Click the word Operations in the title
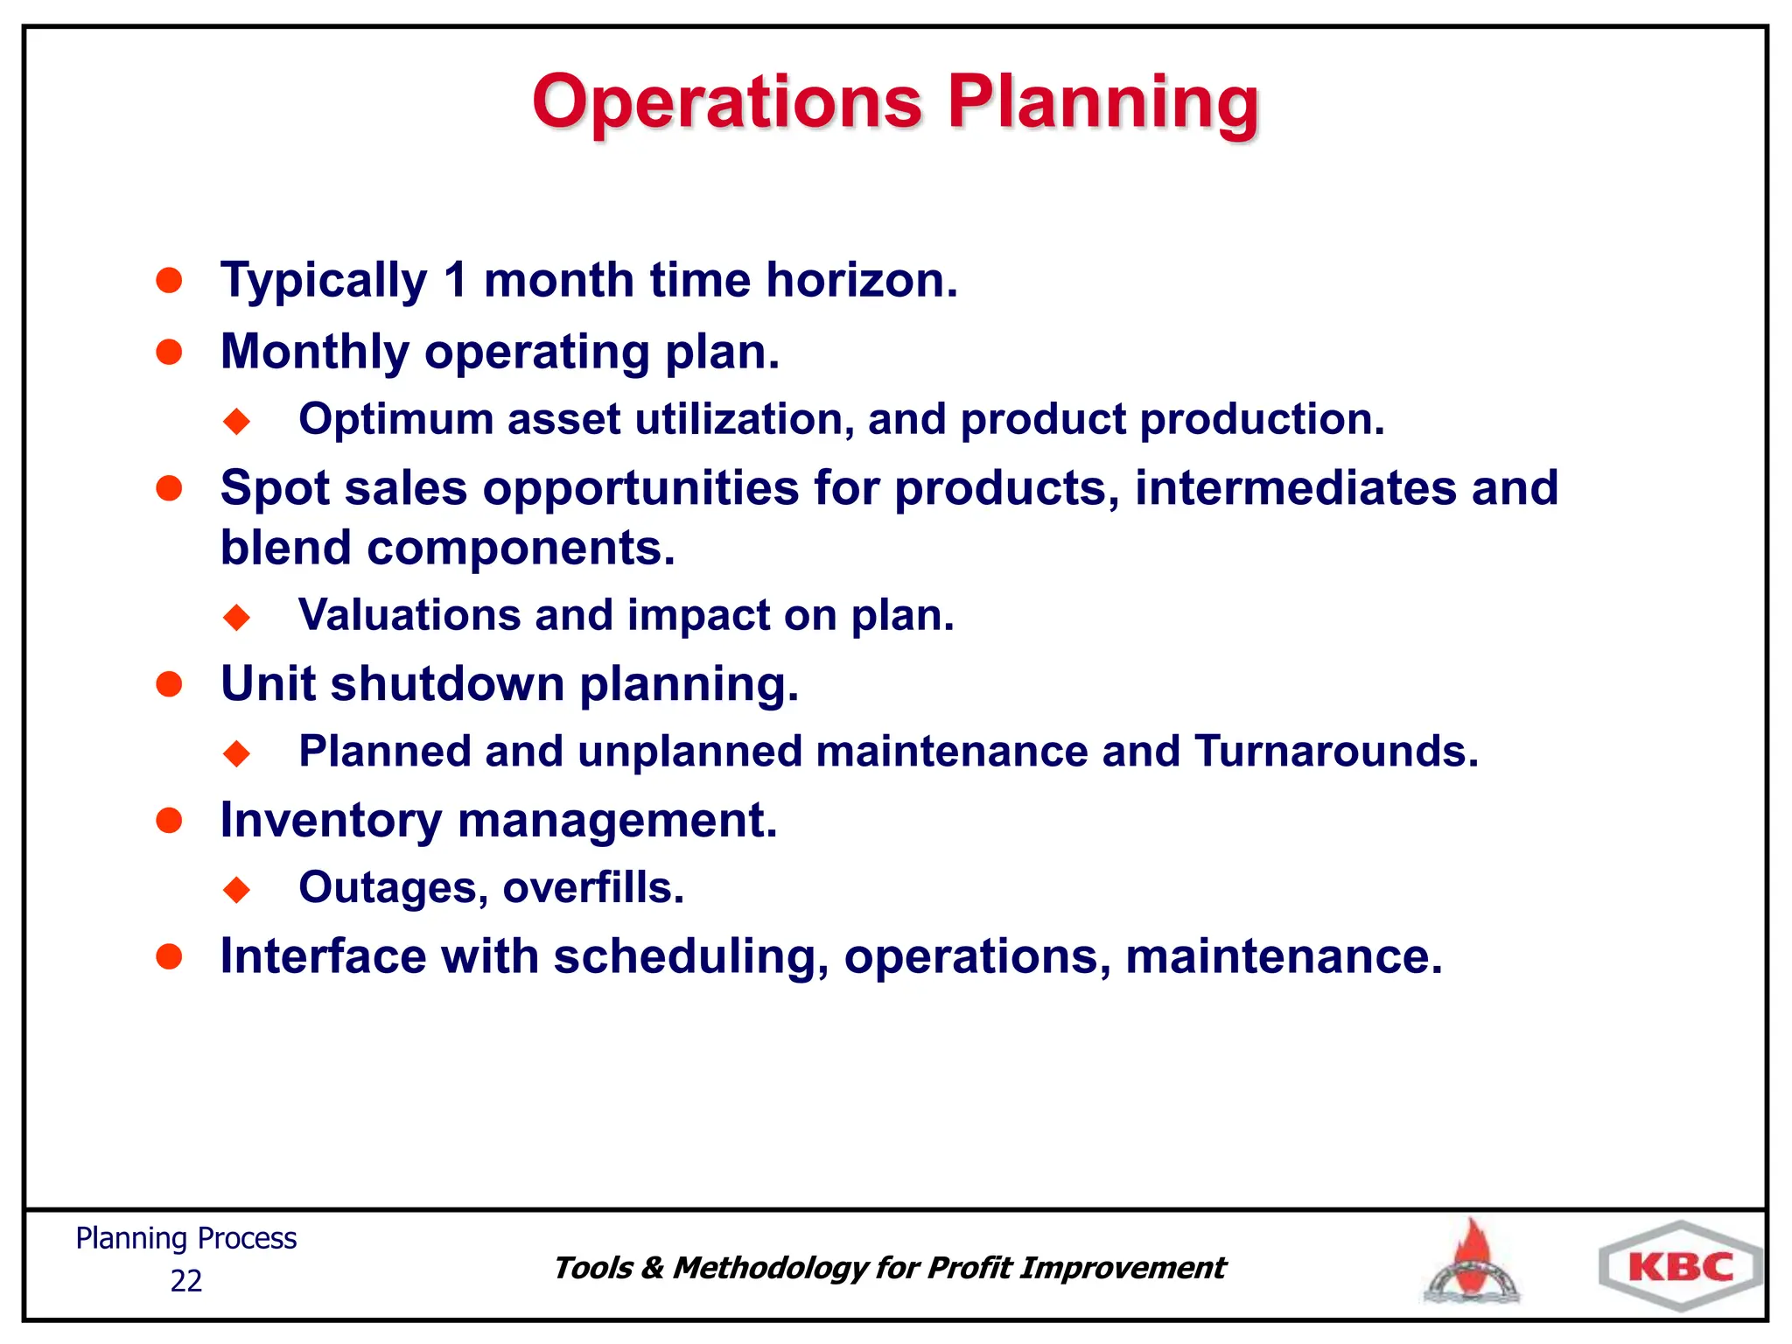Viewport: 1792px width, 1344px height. tap(727, 103)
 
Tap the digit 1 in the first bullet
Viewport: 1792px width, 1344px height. tap(455, 281)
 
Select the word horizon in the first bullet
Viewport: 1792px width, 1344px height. tap(861, 281)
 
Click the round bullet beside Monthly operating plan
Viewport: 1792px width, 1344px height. tap(169, 352)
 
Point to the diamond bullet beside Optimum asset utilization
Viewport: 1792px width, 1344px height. tap(236, 421)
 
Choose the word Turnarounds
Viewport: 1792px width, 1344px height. tap(1335, 752)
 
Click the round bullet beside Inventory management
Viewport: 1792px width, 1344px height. tap(169, 821)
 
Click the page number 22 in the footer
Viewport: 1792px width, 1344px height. tap(185, 1281)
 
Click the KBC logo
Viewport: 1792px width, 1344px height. tap(1680, 1267)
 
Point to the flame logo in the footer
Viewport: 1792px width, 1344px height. tap(1473, 1262)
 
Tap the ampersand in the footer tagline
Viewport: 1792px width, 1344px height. tap(652, 1268)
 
